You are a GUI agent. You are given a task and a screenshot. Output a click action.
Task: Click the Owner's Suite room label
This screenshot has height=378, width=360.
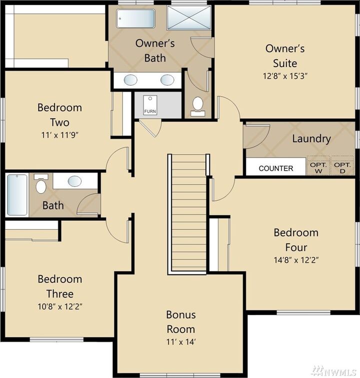285,56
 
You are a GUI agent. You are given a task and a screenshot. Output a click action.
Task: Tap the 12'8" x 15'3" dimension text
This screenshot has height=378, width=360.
285,77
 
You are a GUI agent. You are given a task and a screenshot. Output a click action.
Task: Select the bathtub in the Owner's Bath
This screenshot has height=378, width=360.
136,18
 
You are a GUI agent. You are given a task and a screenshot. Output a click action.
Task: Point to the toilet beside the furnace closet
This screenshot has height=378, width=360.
198,105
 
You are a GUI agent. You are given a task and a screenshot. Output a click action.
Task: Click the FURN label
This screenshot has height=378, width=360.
149,111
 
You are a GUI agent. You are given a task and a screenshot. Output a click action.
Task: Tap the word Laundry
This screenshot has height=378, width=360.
311,139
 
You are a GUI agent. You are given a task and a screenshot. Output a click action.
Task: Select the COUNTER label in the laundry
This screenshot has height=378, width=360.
276,168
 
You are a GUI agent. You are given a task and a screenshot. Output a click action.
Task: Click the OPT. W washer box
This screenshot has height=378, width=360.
318,167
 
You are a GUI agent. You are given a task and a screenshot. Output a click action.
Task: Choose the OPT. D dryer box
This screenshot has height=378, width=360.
342,167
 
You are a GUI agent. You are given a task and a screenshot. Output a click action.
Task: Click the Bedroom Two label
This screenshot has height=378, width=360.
59,115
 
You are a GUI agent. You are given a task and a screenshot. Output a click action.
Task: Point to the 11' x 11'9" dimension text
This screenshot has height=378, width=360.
59,135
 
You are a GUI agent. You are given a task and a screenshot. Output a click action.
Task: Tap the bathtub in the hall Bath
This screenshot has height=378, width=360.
17,194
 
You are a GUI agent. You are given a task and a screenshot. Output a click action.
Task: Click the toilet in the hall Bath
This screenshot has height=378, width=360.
41,185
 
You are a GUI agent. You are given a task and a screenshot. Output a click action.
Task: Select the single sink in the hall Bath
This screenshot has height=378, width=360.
75,181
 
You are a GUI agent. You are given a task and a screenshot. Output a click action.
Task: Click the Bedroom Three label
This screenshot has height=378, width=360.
59,286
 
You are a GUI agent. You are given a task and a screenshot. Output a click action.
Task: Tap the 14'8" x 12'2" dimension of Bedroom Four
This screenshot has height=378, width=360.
296,260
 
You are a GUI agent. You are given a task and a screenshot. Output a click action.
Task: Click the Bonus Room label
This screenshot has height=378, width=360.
181,322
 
